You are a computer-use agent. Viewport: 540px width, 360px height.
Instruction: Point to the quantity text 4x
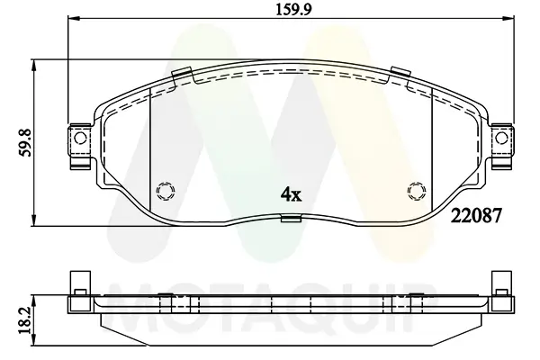point(290,192)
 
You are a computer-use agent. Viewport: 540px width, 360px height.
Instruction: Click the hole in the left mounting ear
point(79,139)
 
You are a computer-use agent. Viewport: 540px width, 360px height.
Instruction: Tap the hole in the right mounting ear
point(501,139)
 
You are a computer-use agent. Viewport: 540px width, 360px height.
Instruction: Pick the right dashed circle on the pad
point(415,190)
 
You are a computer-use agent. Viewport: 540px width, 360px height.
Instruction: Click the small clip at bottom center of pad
point(290,218)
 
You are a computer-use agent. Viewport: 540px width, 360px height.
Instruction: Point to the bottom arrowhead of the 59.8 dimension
point(34,220)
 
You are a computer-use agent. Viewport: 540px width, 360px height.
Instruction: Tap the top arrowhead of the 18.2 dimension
point(34,296)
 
